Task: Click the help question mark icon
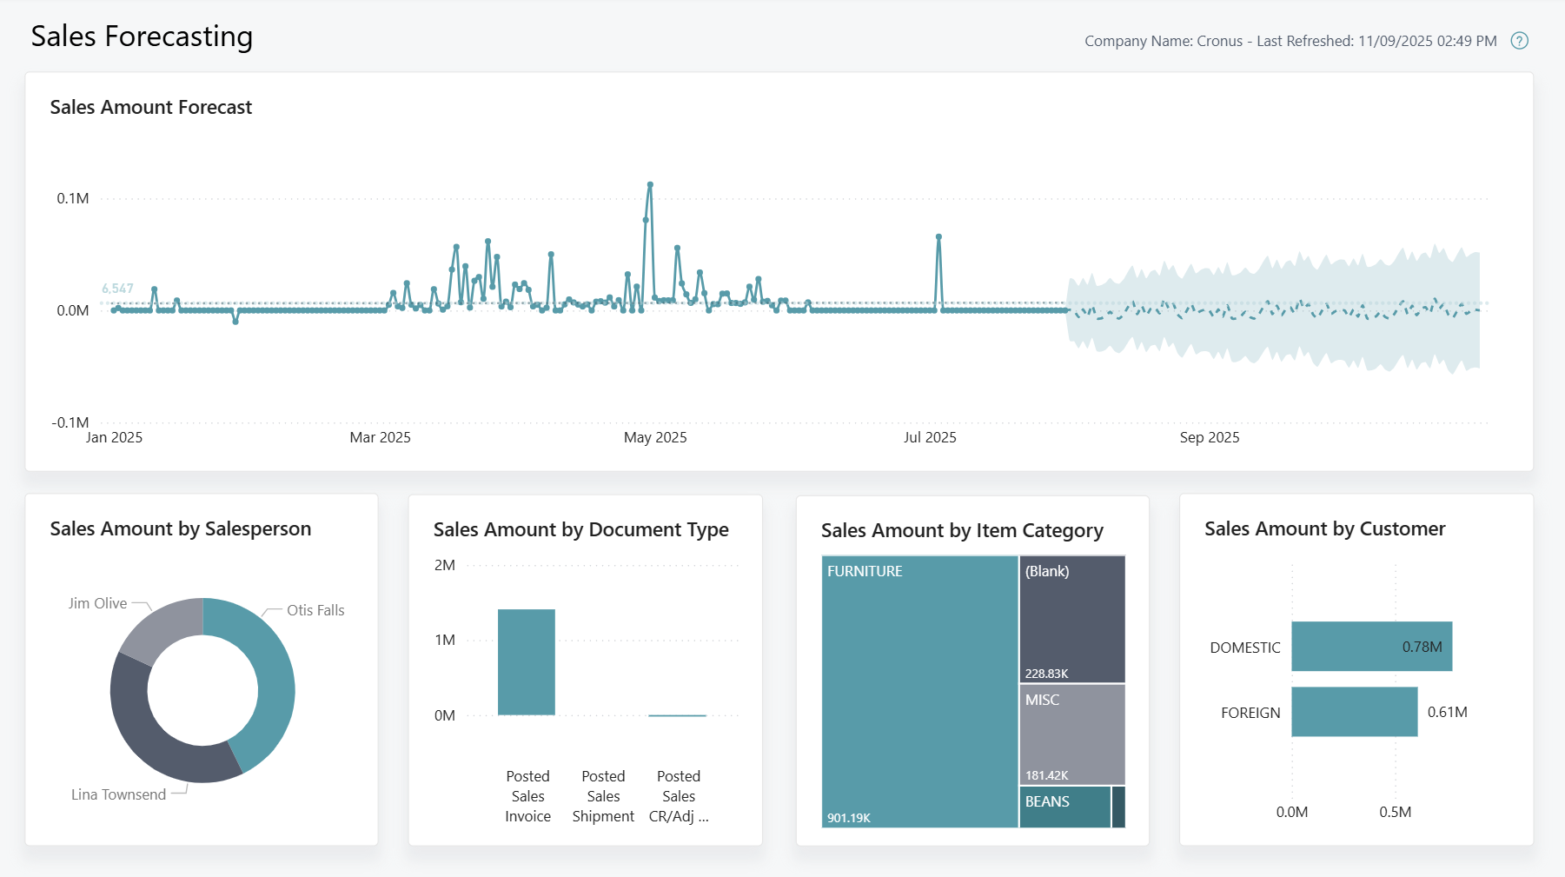1519,41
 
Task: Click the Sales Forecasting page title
142,37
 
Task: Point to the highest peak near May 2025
650,185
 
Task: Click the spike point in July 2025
938,236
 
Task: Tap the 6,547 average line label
117,289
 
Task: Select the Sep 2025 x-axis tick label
1209,437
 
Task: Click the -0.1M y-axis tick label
70,422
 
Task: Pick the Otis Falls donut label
315,610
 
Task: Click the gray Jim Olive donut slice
156,627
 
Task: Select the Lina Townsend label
118,794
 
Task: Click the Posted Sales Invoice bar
527,661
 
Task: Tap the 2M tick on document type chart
445,565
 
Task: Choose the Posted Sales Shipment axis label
603,796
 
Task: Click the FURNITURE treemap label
865,571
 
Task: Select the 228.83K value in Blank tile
1046,674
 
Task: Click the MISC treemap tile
1071,734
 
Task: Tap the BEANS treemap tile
1064,807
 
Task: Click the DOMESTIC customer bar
1371,646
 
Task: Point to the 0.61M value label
1447,712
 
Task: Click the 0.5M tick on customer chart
1395,812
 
